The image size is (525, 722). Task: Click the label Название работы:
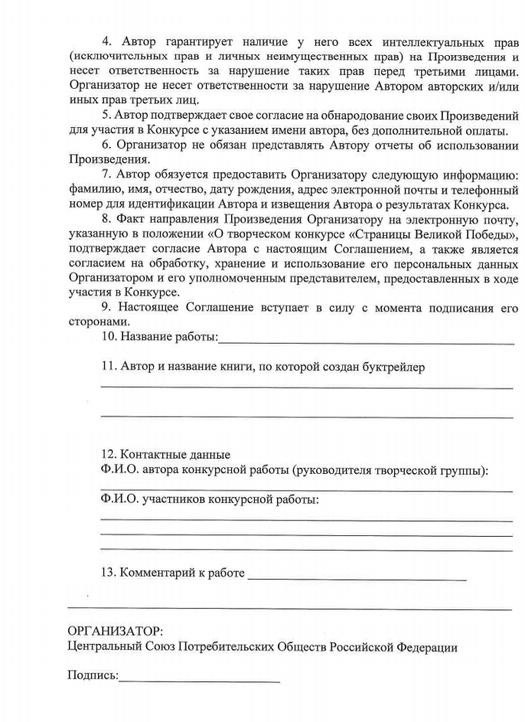point(159,336)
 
